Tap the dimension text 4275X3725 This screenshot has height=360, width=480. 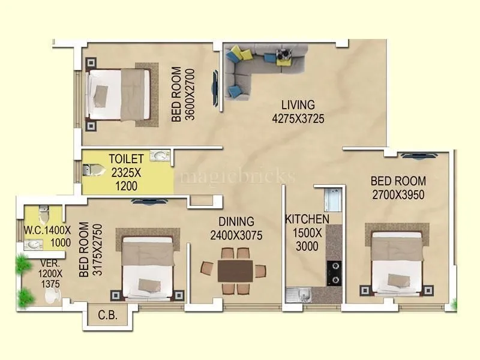298,119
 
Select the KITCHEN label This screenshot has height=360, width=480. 307,219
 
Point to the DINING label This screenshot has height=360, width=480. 236,222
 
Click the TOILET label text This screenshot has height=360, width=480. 126,159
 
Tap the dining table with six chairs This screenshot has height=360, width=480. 235,270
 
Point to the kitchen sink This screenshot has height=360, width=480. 298,295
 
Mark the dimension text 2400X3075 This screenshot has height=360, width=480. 236,236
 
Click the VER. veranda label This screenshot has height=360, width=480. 34,263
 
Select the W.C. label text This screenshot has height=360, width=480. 34,230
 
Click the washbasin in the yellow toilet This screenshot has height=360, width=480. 158,156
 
